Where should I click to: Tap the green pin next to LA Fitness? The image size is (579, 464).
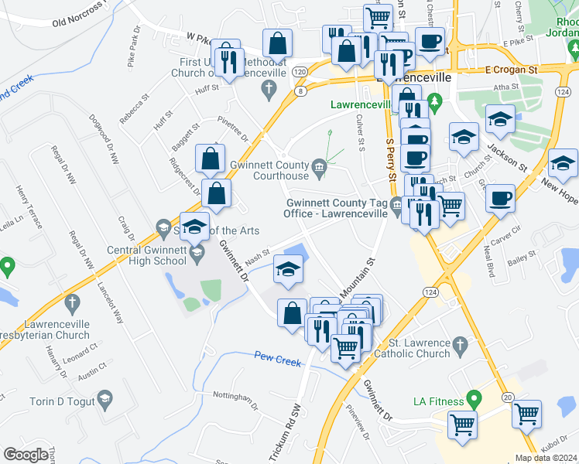[476, 399]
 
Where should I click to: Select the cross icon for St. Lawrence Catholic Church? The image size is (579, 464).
[459, 344]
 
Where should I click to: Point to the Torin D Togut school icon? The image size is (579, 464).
[104, 400]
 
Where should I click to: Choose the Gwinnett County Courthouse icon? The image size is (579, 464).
[319, 167]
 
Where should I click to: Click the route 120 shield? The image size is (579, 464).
[300, 71]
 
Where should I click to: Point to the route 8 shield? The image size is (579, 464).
[300, 90]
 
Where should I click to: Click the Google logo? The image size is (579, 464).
[26, 455]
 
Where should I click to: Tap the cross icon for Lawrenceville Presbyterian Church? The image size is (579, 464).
[72, 302]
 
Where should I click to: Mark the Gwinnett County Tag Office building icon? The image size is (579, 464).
[396, 205]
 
